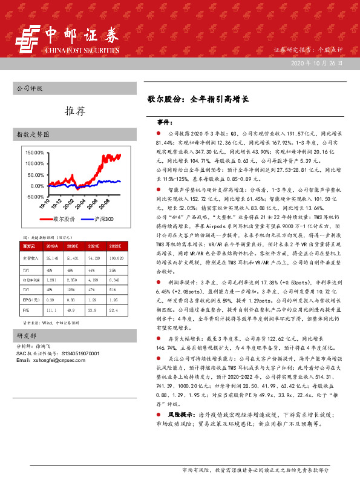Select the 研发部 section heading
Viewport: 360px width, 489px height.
click(x=27, y=335)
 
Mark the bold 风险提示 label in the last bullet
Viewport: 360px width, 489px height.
click(x=180, y=416)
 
